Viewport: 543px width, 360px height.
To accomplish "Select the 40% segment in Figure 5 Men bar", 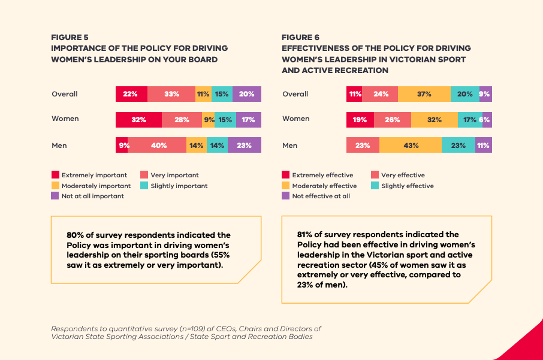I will pos(159,145).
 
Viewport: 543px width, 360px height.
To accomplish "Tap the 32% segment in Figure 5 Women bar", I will pos(138,120).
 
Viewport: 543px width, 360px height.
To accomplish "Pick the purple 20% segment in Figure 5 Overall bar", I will pos(247,94).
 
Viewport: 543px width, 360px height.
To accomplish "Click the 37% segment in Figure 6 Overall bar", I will pos(424,94).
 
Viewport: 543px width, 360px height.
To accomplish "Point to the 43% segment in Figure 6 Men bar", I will pos(411,145).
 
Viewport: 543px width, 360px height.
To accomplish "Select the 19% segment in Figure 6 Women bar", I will pos(360,120).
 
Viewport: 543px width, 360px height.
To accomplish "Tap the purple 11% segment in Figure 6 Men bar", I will pos(483,145).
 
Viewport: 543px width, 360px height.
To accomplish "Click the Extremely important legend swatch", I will pos(55,175).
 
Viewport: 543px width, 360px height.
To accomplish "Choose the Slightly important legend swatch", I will pos(144,186).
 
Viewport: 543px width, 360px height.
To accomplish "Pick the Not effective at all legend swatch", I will pos(286,196).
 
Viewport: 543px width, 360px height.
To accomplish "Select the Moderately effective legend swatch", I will pos(286,186).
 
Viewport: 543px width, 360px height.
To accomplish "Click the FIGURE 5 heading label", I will pos(70,37).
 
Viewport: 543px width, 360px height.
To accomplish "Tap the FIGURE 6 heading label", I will pos(301,37).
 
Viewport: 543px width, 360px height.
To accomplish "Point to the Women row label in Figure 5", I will pos(65,119).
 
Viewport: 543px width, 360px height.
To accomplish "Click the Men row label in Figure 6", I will pos(290,145).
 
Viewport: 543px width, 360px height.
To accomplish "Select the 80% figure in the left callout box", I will pos(76,235).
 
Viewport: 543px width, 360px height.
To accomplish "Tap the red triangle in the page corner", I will pos(527,344).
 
